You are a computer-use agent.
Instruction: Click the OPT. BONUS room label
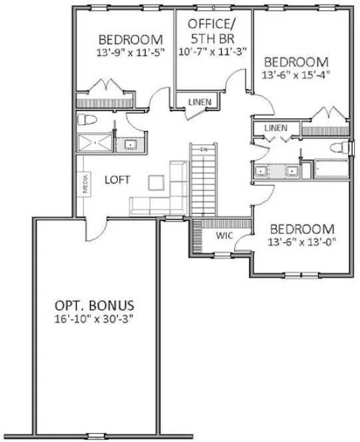point(95,306)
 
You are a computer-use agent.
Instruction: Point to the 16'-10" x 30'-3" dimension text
point(95,320)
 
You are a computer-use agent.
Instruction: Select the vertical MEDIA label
point(87,184)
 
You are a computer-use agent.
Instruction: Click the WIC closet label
point(223,236)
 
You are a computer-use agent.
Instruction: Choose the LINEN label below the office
point(199,102)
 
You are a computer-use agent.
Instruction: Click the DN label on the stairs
point(205,150)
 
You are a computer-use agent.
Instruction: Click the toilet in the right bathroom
point(341,147)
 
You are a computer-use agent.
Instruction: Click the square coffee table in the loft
point(157,182)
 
